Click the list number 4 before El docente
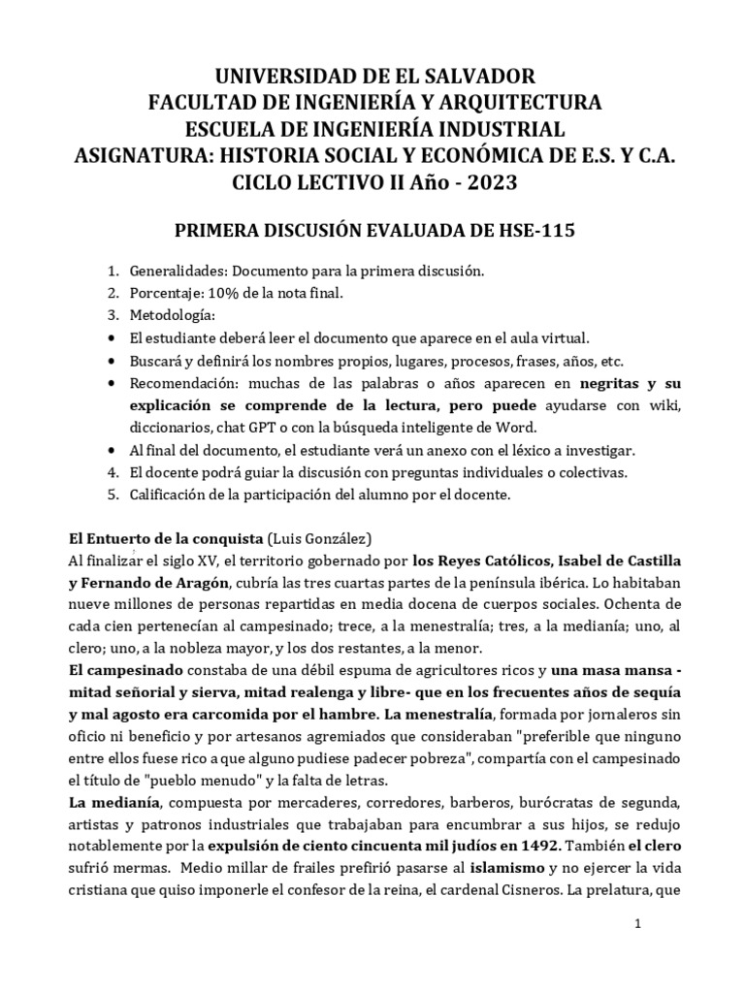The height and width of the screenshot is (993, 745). point(112,472)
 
